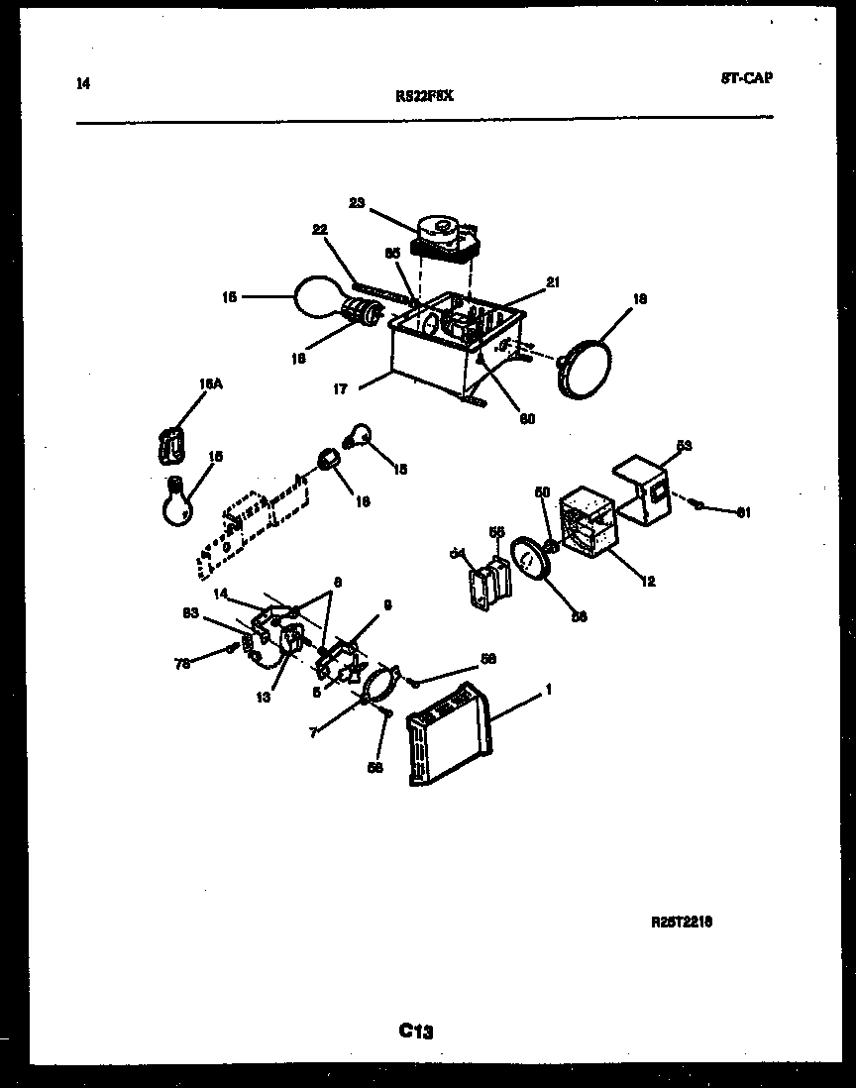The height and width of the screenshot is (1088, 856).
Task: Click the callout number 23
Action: pyautogui.click(x=357, y=202)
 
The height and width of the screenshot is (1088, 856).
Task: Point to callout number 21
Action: pyautogui.click(x=553, y=281)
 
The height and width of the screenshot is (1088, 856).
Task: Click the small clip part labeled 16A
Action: pyautogui.click(x=172, y=444)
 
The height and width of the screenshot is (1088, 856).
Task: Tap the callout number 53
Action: pyautogui.click(x=684, y=445)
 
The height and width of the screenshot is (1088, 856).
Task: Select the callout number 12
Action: pyautogui.click(x=648, y=582)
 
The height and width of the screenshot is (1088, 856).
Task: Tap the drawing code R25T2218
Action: pyautogui.click(x=682, y=922)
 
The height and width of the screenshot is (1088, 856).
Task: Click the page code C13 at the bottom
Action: pyautogui.click(x=417, y=1031)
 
